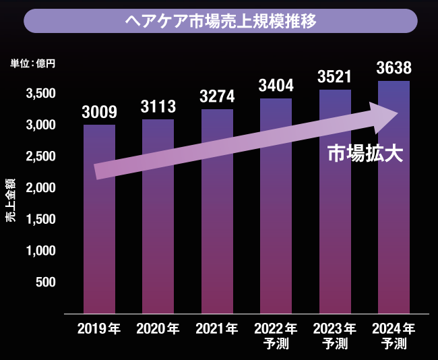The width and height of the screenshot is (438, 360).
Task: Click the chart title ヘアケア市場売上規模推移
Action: (220, 20)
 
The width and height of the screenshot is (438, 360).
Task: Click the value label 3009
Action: (99, 111)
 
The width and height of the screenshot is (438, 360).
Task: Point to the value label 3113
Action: (158, 106)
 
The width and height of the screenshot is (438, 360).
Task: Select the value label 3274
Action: (217, 96)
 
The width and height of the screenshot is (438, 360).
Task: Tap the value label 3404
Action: (276, 86)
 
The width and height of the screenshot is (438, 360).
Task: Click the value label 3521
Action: (334, 76)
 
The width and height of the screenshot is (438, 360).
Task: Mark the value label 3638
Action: (394, 67)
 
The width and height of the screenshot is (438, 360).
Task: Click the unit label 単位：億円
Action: (33, 64)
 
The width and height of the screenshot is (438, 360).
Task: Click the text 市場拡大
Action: (365, 154)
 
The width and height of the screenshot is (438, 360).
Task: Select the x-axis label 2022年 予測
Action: (276, 336)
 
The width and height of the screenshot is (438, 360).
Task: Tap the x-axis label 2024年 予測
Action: (394, 336)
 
